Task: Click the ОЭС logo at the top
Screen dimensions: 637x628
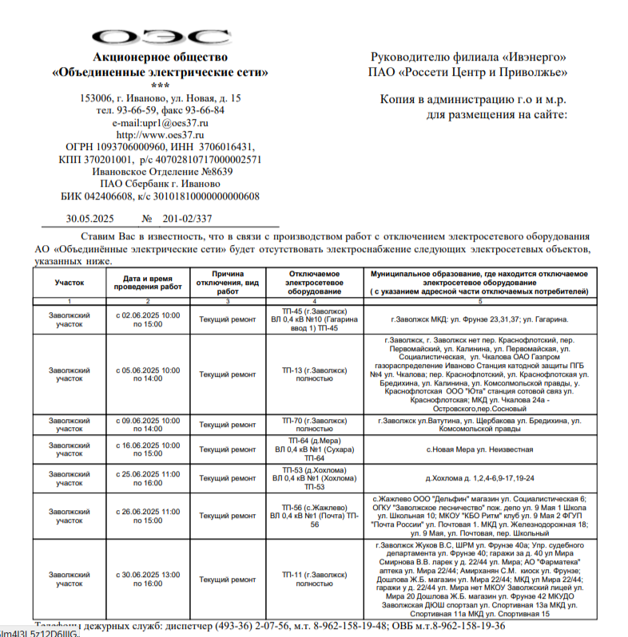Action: click(161, 37)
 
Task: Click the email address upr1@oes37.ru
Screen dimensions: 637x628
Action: click(160, 123)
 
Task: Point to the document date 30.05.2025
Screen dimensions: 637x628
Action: click(91, 219)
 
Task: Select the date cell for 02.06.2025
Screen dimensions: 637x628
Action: click(147, 320)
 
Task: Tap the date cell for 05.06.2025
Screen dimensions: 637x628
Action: click(147, 374)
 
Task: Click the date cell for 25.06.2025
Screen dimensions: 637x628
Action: click(147, 478)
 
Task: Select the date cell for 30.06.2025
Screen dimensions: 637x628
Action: click(147, 579)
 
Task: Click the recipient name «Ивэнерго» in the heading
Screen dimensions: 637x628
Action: click(535, 57)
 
